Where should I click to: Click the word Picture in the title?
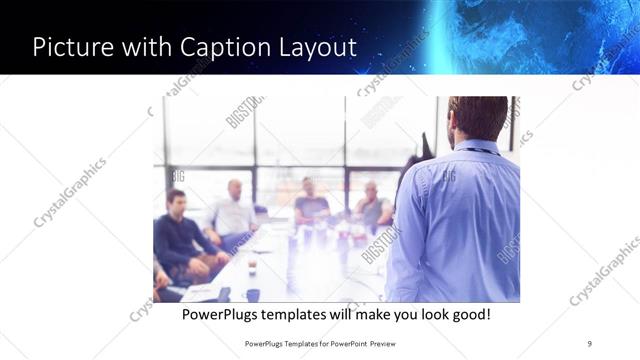click(x=74, y=47)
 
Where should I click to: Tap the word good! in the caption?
click(x=468, y=314)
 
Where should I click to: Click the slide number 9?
click(x=589, y=343)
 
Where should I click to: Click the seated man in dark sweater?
click(x=178, y=235)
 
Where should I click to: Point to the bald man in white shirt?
click(x=233, y=210)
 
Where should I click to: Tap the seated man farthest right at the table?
click(x=372, y=205)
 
